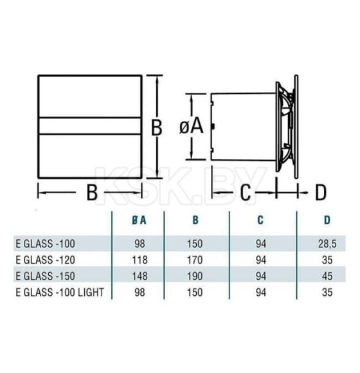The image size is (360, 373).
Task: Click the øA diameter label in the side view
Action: click(x=191, y=127)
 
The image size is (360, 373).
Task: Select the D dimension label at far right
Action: click(x=321, y=191)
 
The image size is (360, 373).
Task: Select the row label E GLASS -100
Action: click(x=41, y=245)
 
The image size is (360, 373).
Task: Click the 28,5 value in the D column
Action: click(x=327, y=245)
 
